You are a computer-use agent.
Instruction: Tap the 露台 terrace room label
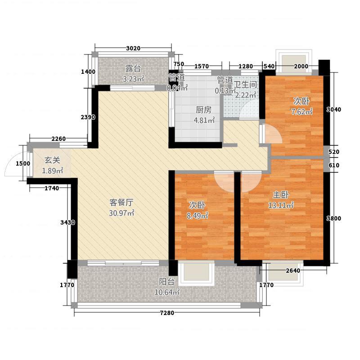[x=133, y=69]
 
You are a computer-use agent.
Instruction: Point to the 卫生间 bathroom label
[x=246, y=85]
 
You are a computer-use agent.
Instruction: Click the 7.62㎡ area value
[x=303, y=112]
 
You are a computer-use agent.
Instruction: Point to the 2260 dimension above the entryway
[x=58, y=139]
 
